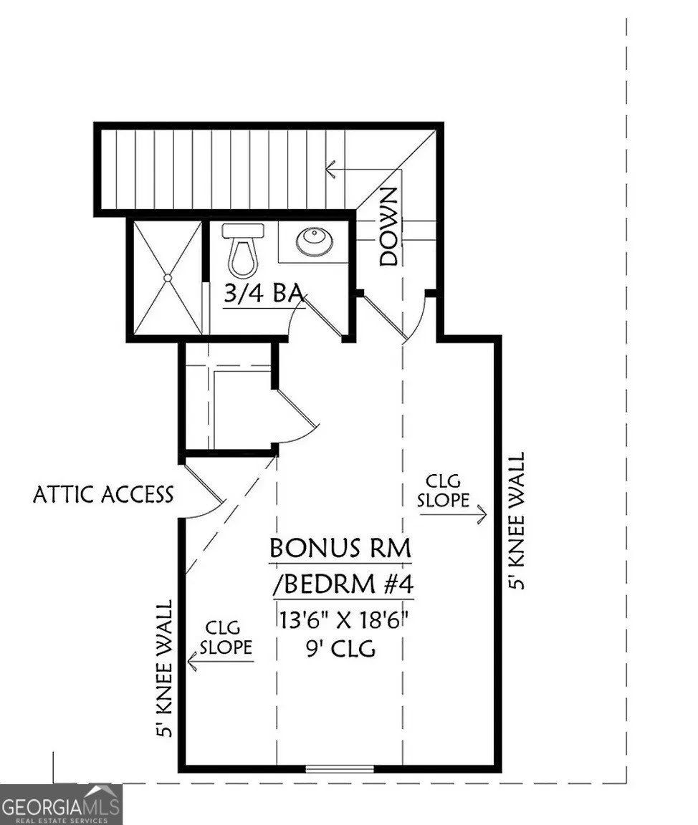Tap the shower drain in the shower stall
tap(167, 278)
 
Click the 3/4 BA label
tap(262, 295)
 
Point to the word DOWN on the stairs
tap(388, 226)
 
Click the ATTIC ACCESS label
tap(103, 494)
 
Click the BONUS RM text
tap(340, 549)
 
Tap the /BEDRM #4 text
tap(343, 584)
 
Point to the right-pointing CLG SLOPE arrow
tap(479, 513)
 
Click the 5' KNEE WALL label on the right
tap(517, 521)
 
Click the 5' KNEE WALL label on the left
tap(166, 668)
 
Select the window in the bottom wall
tap(340, 769)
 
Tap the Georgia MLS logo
tap(61, 804)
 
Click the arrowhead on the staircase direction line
tap(330, 170)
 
